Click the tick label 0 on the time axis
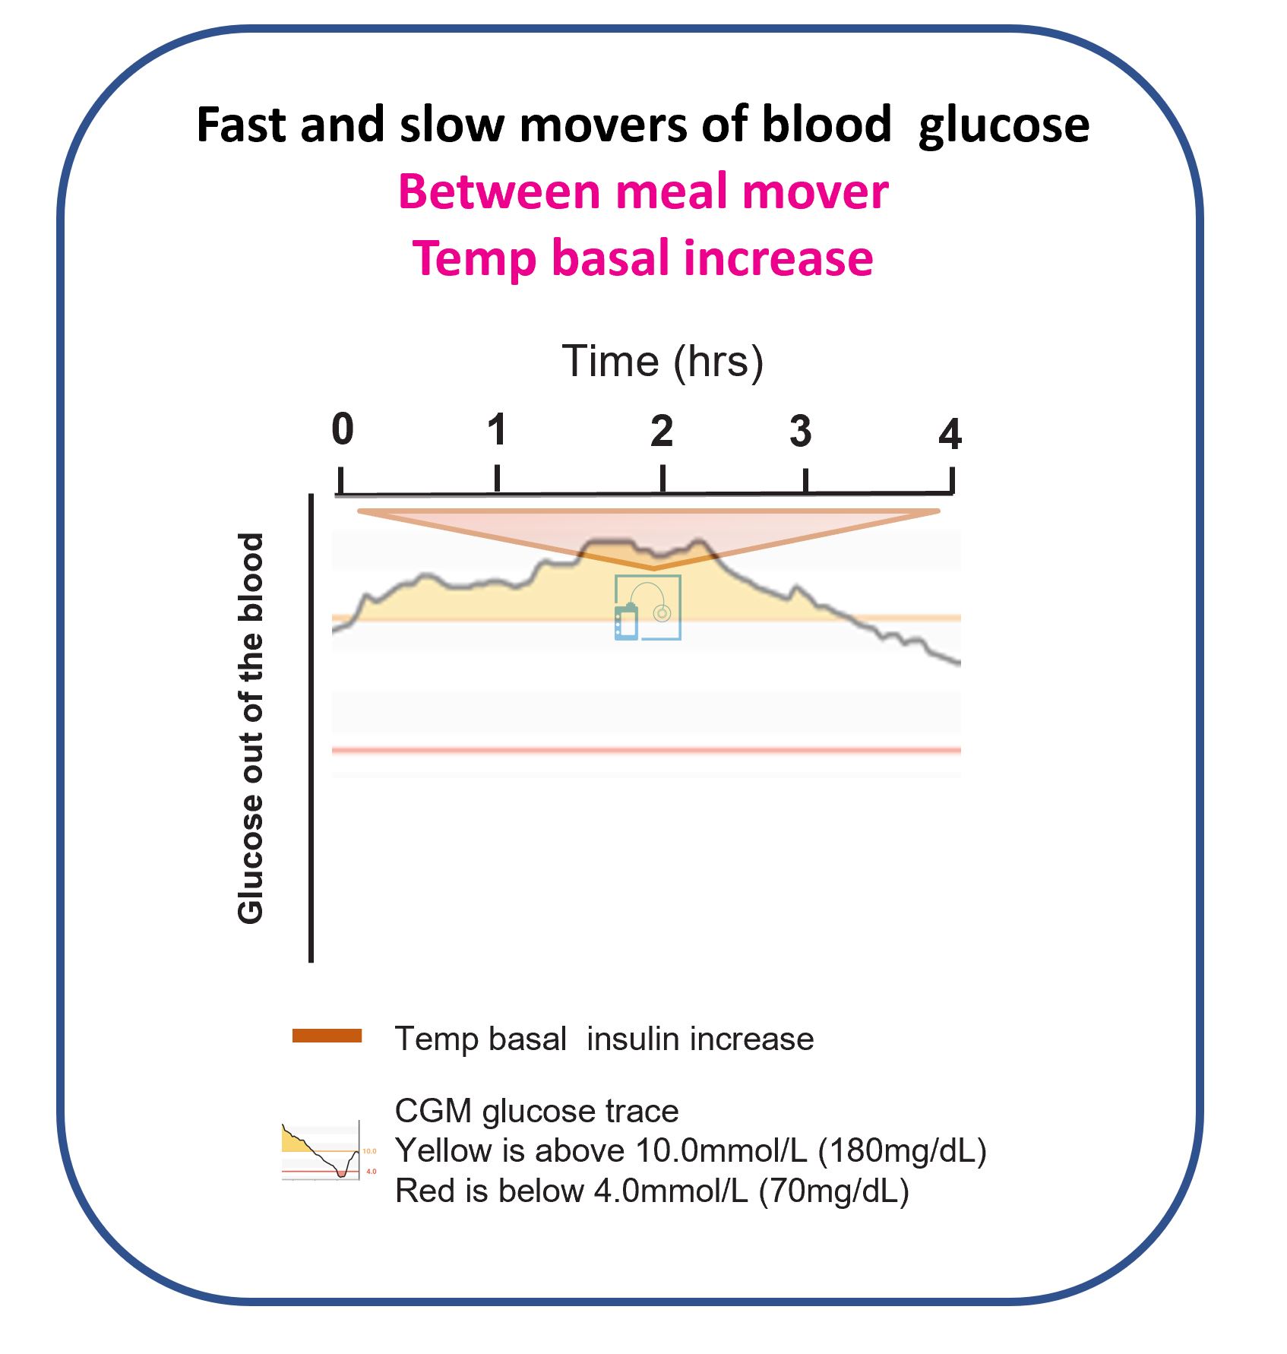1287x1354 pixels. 343,430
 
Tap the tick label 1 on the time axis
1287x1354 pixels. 497,431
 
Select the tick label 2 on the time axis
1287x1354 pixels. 662,432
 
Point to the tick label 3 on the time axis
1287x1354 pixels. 800,432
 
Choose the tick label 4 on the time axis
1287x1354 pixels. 950,435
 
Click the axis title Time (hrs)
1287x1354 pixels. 662,362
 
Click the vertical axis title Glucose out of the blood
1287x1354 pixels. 251,728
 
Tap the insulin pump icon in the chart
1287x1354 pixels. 647,608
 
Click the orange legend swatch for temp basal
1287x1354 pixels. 327,1036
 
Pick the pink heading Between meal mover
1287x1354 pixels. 643,191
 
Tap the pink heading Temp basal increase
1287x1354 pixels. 643,258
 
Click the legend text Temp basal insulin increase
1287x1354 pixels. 604,1039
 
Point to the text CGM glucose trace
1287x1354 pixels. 536,1111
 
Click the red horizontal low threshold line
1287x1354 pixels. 646,751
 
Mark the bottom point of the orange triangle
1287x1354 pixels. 653,568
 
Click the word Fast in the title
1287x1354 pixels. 242,126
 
